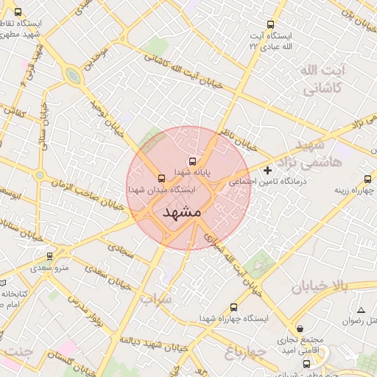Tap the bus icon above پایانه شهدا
click(193, 161)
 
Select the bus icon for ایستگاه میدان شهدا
click(161, 178)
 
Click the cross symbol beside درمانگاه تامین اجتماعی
click(267, 171)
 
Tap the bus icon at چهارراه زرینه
click(367, 179)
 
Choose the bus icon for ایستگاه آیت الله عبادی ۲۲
click(271, 25)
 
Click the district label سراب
click(155, 300)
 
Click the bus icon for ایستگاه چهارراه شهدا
click(234, 307)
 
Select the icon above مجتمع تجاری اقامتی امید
click(299, 328)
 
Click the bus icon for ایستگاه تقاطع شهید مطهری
click(18, 12)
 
